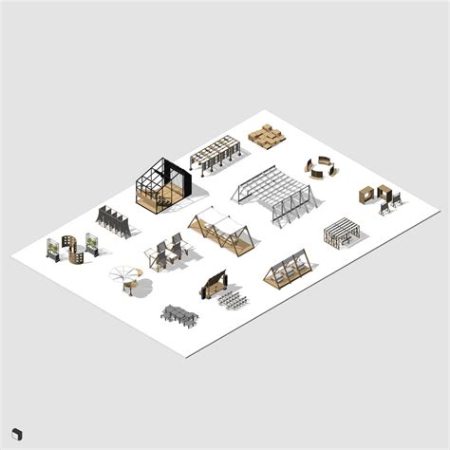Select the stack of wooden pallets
pos(267,137)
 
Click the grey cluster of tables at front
pos(179,314)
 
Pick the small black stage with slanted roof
pos(213,283)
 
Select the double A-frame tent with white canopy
pos(221,231)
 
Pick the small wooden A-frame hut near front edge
pos(289,271)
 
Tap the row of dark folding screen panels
pos(112,220)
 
